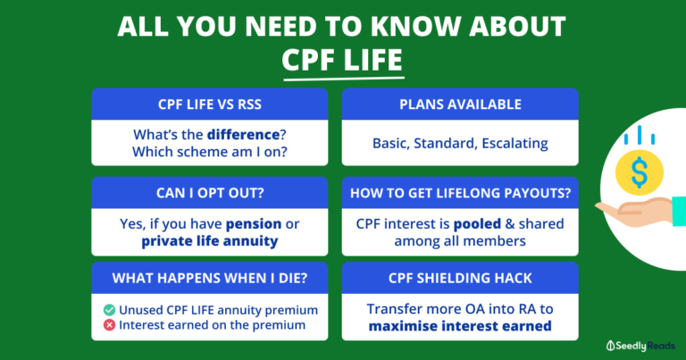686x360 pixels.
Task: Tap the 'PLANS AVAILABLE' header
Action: tap(460, 105)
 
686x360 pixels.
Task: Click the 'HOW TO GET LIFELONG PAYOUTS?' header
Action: tap(460, 191)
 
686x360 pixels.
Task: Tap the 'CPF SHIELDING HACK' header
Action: tap(460, 278)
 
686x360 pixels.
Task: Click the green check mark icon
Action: tap(109, 309)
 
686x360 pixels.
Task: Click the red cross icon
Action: tap(109, 324)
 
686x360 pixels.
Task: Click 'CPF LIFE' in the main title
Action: tap(342, 61)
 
